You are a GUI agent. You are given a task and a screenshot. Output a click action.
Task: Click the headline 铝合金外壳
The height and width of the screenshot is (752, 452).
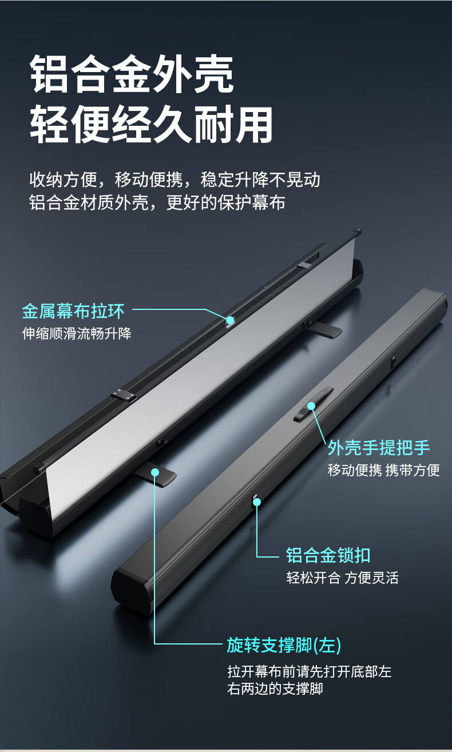[132, 74]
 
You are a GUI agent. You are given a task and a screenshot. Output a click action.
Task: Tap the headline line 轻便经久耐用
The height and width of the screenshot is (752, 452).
[151, 125]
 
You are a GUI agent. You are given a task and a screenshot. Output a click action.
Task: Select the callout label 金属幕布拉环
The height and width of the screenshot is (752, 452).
[73, 311]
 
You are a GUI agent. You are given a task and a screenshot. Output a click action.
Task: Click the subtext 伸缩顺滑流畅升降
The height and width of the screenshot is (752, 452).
[77, 334]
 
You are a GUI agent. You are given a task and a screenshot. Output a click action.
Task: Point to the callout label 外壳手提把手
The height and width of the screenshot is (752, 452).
[379, 448]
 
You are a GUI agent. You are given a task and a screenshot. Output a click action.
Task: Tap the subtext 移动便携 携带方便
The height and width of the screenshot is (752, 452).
[383, 470]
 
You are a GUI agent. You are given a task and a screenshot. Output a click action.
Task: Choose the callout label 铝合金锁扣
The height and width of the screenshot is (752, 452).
[328, 555]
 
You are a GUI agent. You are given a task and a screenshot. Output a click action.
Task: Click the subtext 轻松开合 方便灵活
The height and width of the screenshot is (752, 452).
[343, 578]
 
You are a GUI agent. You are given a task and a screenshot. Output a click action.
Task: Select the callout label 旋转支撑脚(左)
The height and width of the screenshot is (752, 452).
[284, 645]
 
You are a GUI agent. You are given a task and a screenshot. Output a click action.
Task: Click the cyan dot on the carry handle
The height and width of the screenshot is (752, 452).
[311, 406]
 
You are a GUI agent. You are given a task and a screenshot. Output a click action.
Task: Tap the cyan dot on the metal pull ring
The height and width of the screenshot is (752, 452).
[230, 320]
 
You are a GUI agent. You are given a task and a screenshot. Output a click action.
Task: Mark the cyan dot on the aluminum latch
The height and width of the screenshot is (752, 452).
[257, 502]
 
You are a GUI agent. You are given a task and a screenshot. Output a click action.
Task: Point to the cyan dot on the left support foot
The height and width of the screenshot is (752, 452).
[155, 472]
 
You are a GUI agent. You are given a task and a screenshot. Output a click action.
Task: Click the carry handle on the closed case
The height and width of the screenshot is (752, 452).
[313, 404]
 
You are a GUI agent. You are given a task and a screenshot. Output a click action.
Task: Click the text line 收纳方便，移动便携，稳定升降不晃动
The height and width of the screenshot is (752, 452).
[175, 180]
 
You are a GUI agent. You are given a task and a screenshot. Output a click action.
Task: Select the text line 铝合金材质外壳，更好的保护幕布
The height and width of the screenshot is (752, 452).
[157, 202]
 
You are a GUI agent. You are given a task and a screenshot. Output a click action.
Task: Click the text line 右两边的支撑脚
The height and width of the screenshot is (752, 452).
[275, 689]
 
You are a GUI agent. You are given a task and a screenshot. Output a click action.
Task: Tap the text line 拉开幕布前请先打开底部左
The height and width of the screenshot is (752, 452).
[310, 671]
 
